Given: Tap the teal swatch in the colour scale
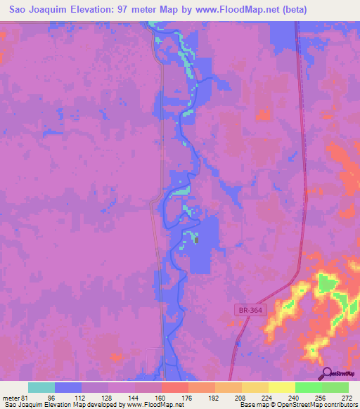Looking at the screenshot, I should click(41, 387).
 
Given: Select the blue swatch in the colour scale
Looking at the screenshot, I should click(68, 387).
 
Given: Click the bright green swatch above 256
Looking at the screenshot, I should click(308, 387).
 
